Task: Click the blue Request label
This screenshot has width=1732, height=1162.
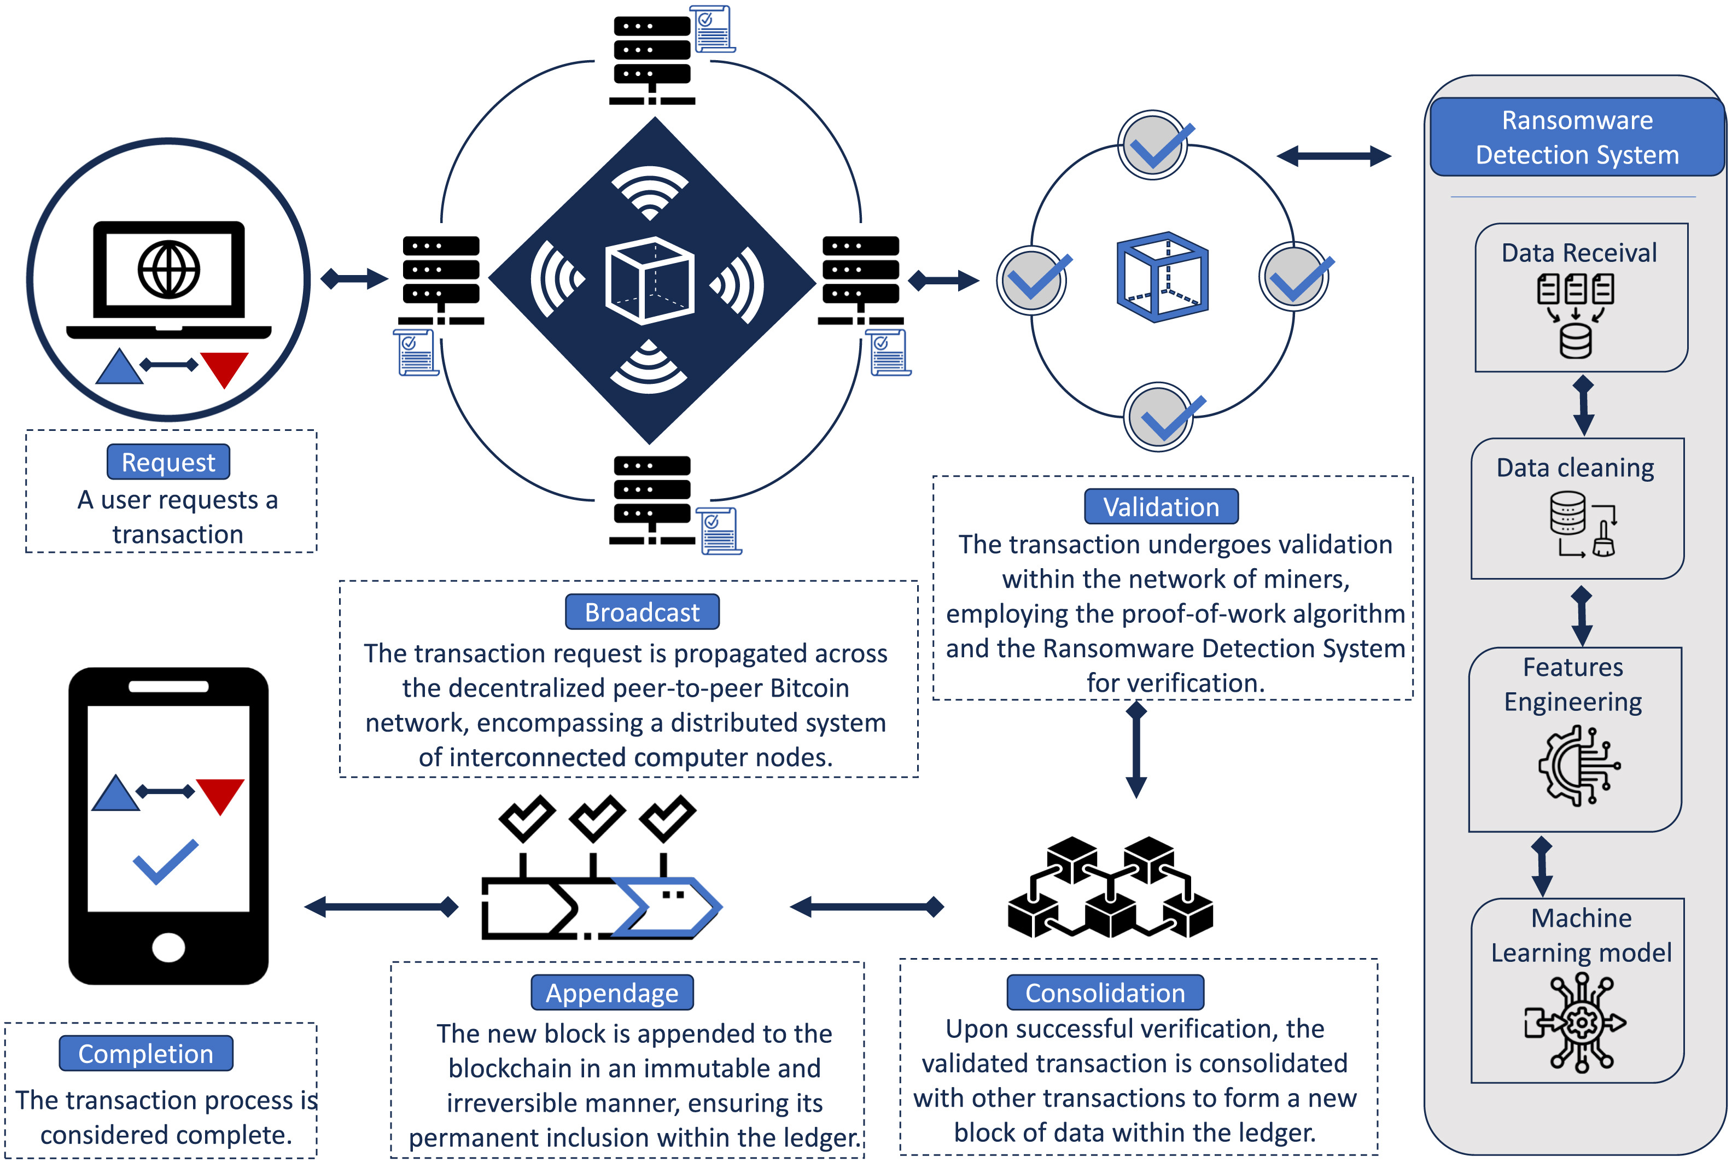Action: [168, 463]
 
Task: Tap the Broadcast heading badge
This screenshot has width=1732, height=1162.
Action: [642, 612]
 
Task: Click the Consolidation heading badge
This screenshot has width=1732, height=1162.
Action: [1105, 992]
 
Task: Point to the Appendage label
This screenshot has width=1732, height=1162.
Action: [612, 992]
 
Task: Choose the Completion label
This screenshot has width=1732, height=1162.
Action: [146, 1053]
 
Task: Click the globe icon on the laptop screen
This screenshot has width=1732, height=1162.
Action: [169, 269]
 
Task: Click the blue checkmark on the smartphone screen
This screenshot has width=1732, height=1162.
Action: [166, 862]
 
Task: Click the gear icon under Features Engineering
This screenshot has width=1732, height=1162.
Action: [1578, 766]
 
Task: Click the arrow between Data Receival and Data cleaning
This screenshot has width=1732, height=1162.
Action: [1583, 405]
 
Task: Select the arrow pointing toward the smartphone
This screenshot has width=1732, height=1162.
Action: [381, 906]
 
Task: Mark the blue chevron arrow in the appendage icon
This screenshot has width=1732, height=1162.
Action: [667, 906]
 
